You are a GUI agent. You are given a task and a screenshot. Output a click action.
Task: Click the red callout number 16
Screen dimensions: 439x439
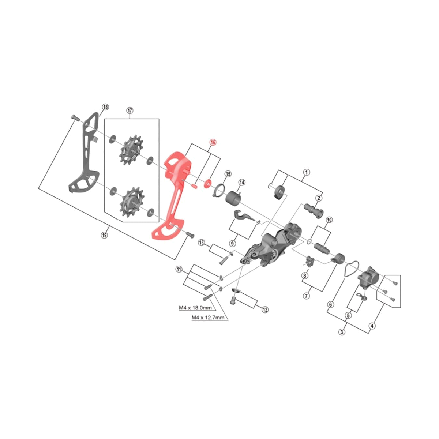click(x=213, y=142)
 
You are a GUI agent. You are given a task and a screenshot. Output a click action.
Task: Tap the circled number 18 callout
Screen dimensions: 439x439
click(x=105, y=107)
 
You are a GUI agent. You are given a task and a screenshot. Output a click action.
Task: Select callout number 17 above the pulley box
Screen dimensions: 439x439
click(x=130, y=110)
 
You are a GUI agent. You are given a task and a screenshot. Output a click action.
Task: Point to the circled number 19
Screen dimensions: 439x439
click(x=104, y=235)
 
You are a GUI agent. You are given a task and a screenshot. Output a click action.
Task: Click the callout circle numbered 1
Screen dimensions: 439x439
click(x=306, y=172)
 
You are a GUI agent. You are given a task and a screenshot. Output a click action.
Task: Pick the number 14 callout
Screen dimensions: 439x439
click(x=241, y=183)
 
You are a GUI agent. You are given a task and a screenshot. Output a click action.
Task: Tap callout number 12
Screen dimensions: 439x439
click(x=265, y=309)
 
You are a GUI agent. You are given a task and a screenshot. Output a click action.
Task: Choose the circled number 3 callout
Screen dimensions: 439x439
click(x=341, y=332)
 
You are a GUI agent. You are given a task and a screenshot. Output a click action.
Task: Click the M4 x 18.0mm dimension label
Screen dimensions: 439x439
click(x=195, y=308)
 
